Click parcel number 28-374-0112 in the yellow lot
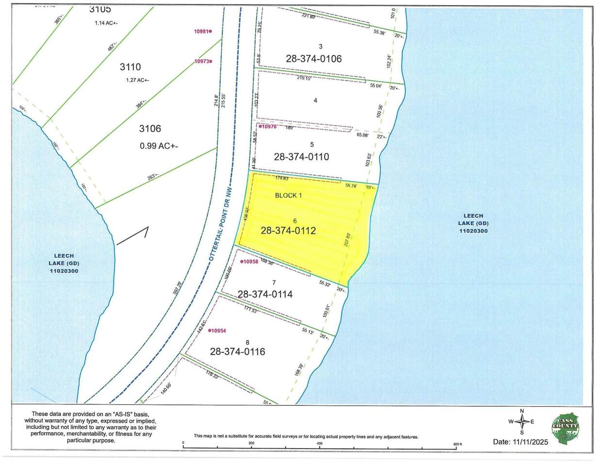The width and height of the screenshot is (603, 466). tap(288, 231)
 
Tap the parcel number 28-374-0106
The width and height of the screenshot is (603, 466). tap(314, 59)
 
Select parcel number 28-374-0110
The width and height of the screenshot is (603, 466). tap(301, 157)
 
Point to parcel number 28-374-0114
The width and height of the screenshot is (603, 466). tap(265, 294)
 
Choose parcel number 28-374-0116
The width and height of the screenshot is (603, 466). tap(237, 351)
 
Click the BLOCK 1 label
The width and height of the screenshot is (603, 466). tap(288, 195)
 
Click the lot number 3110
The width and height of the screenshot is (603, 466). tap(130, 67)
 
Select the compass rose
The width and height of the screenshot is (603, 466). tap(522, 422)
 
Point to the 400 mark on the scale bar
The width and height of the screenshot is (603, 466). tap(319, 443)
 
